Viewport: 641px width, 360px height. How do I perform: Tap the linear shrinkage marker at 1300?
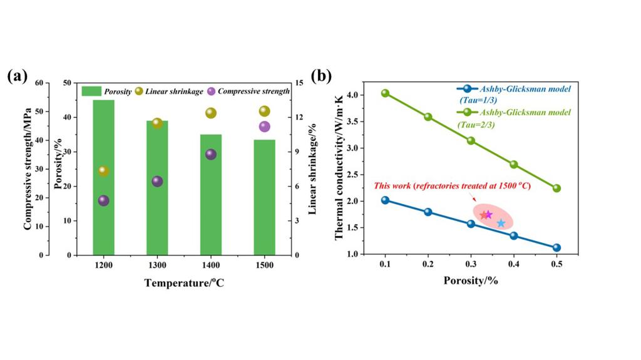tap(157, 123)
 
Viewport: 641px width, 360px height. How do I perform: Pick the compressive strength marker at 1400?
tap(211, 154)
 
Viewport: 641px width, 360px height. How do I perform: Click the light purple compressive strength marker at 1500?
tap(264, 126)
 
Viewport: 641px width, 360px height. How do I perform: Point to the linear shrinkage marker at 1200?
tap(103, 171)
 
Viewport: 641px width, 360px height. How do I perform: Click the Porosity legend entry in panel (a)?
tap(106, 91)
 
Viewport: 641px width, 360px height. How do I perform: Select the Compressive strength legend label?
tap(254, 91)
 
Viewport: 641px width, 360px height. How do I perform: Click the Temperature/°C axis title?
tap(184, 282)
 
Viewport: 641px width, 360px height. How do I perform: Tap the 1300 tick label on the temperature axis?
tap(157, 265)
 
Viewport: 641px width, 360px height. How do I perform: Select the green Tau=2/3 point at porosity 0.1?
tap(385, 93)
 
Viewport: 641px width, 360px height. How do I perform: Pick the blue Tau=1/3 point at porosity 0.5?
tap(556, 247)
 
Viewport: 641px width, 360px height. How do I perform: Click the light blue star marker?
tap(501, 223)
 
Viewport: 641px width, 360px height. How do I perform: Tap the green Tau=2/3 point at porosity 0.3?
tap(471, 140)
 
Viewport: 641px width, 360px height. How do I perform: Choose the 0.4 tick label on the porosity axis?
tap(513, 265)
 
